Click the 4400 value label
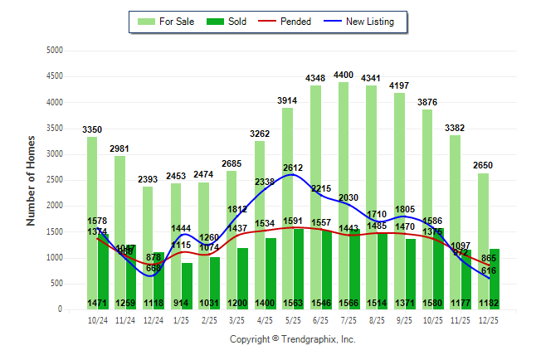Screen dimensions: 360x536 (x=343, y=75)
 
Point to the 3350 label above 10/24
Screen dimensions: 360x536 (x=92, y=129)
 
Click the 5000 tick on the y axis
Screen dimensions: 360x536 (x=55, y=51)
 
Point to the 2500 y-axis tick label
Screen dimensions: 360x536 (x=55, y=180)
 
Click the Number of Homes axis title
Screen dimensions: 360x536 (x=31, y=179)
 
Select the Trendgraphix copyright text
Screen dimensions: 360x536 (x=292, y=340)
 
